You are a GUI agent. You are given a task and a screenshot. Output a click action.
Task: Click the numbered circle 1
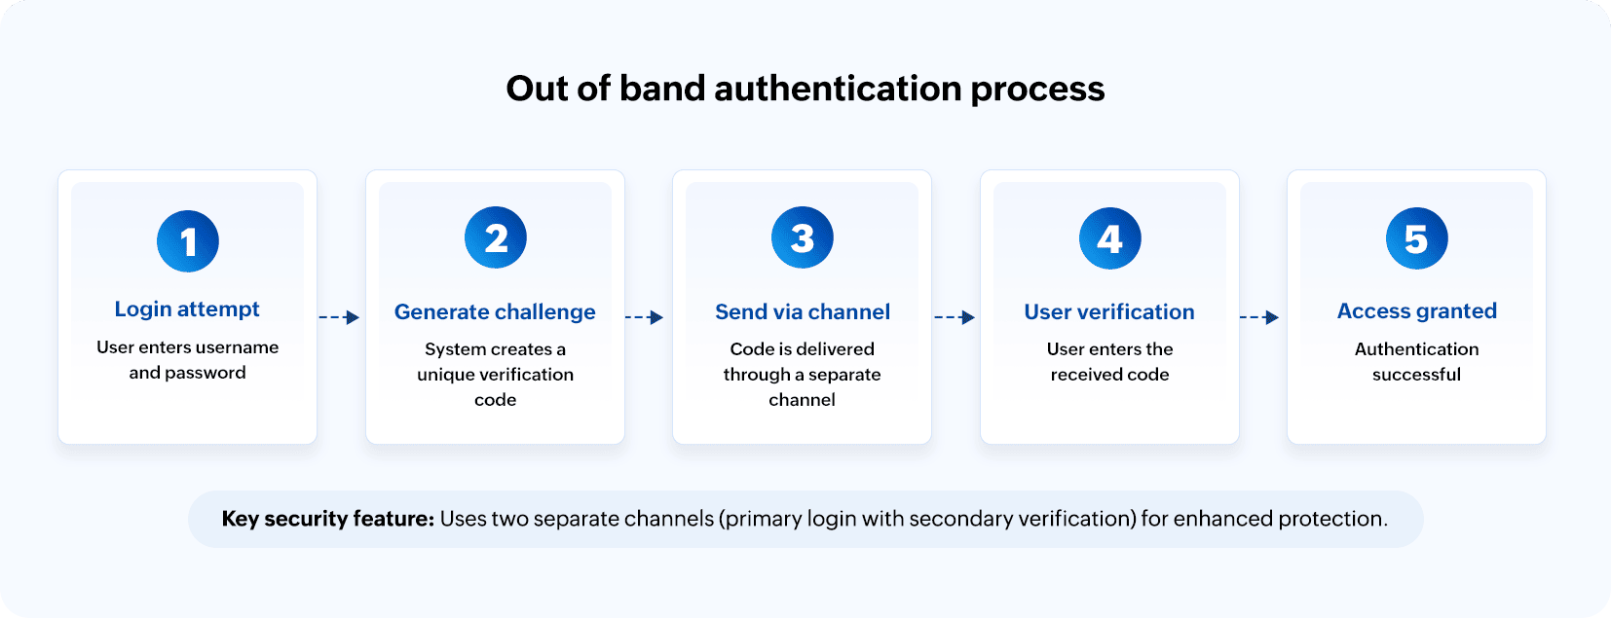188,241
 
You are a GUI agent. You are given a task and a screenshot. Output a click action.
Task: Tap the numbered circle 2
496,237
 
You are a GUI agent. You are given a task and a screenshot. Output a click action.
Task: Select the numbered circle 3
803,237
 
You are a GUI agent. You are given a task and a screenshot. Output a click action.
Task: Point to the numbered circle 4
1110,238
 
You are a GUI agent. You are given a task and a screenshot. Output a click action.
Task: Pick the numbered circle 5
1417,238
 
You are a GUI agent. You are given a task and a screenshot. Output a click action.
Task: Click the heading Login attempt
187,309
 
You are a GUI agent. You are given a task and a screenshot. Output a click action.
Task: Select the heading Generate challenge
495,312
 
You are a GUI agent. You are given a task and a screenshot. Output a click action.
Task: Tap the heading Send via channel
803,312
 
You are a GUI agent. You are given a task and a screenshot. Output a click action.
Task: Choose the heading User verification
1109,312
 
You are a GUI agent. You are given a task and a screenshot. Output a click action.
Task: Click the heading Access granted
1417,311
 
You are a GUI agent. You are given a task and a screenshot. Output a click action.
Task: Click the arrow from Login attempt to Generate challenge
340,317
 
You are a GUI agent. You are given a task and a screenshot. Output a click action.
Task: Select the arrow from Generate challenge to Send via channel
645,317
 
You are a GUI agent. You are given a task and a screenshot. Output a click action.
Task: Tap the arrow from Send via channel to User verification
955,317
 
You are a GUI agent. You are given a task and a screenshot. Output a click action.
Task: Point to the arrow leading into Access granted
1259,317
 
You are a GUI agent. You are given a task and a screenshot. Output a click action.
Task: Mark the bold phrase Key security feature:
328,519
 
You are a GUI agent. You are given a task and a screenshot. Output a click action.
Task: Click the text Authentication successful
1417,361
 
